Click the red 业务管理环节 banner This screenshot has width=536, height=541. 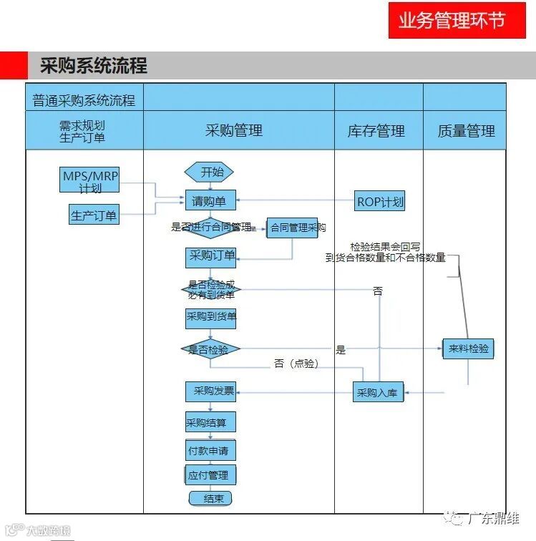[452, 20]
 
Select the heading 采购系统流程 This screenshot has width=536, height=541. [94, 67]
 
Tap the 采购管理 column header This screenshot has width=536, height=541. [234, 130]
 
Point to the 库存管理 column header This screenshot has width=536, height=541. [376, 131]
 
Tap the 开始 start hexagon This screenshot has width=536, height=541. [210, 172]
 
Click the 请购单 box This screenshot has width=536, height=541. [210, 202]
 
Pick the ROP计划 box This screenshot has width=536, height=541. [380, 202]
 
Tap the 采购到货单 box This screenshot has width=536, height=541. [211, 318]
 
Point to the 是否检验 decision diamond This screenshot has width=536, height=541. [210, 350]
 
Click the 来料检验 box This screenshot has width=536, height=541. [469, 349]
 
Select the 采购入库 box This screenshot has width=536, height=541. [379, 392]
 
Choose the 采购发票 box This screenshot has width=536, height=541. [210, 391]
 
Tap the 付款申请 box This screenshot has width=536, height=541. [211, 452]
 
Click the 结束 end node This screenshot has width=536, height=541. [210, 498]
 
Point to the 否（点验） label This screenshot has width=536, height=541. [296, 364]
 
